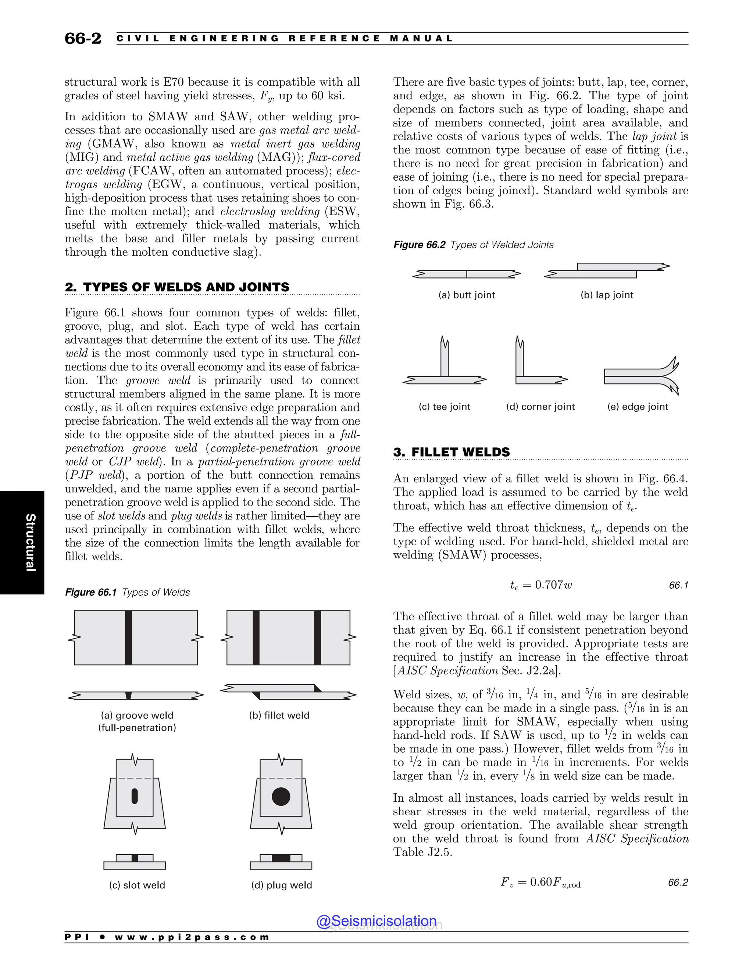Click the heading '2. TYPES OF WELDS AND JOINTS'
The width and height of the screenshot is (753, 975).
(177, 287)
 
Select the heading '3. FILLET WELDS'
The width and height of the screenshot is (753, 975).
(451, 452)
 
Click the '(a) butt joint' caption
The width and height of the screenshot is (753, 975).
(467, 295)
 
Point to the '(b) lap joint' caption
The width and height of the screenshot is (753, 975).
(607, 295)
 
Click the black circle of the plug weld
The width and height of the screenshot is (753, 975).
(281, 797)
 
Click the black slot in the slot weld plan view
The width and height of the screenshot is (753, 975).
(135, 797)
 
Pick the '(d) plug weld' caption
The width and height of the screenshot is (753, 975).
(282, 885)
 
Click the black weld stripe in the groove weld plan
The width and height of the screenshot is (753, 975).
(128, 638)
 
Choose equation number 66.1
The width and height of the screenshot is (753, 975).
(678, 585)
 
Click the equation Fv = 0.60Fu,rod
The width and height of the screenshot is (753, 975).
(540, 882)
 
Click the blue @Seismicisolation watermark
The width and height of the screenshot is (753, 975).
(376, 921)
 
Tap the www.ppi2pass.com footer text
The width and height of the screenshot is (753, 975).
(192, 937)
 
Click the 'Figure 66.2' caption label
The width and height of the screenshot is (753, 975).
(419, 245)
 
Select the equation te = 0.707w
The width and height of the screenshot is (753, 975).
(540, 585)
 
